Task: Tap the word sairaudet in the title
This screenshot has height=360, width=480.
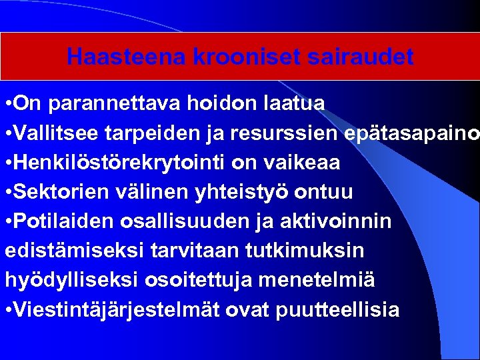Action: (x=362, y=57)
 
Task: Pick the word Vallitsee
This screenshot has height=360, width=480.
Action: (x=55, y=133)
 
